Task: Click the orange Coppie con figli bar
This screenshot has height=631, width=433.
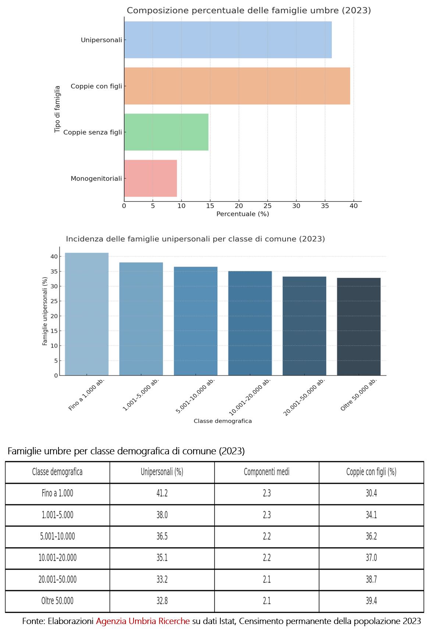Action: click(x=237, y=86)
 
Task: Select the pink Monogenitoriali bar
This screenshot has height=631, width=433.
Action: click(x=150, y=178)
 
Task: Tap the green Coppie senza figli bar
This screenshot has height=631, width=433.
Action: click(x=166, y=132)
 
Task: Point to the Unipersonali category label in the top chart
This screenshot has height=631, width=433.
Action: click(x=101, y=40)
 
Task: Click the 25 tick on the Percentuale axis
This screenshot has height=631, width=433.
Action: click(x=267, y=206)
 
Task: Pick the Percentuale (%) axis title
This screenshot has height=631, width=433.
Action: click(x=242, y=214)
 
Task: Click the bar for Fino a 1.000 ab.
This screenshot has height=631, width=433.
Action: click(x=87, y=314)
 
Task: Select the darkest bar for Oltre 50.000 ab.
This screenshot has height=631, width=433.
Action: click(x=359, y=327)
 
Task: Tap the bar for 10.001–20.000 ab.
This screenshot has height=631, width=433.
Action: click(x=250, y=323)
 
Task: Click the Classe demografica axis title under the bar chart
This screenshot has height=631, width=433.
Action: click(x=223, y=421)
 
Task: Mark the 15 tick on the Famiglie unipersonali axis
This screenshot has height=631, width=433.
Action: click(x=54, y=331)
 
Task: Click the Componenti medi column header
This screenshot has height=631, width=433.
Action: click(x=267, y=472)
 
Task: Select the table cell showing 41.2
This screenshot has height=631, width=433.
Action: click(x=162, y=493)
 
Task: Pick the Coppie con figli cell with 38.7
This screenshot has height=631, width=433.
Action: click(x=371, y=580)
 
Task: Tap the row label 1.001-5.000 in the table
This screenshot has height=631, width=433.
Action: click(x=57, y=515)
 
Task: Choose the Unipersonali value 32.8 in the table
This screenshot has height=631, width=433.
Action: click(x=162, y=601)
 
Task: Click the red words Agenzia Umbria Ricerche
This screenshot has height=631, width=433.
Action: click(x=143, y=621)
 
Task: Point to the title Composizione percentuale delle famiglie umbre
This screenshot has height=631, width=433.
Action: click(x=249, y=11)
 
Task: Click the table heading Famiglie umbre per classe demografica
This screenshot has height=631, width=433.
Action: click(x=126, y=451)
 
